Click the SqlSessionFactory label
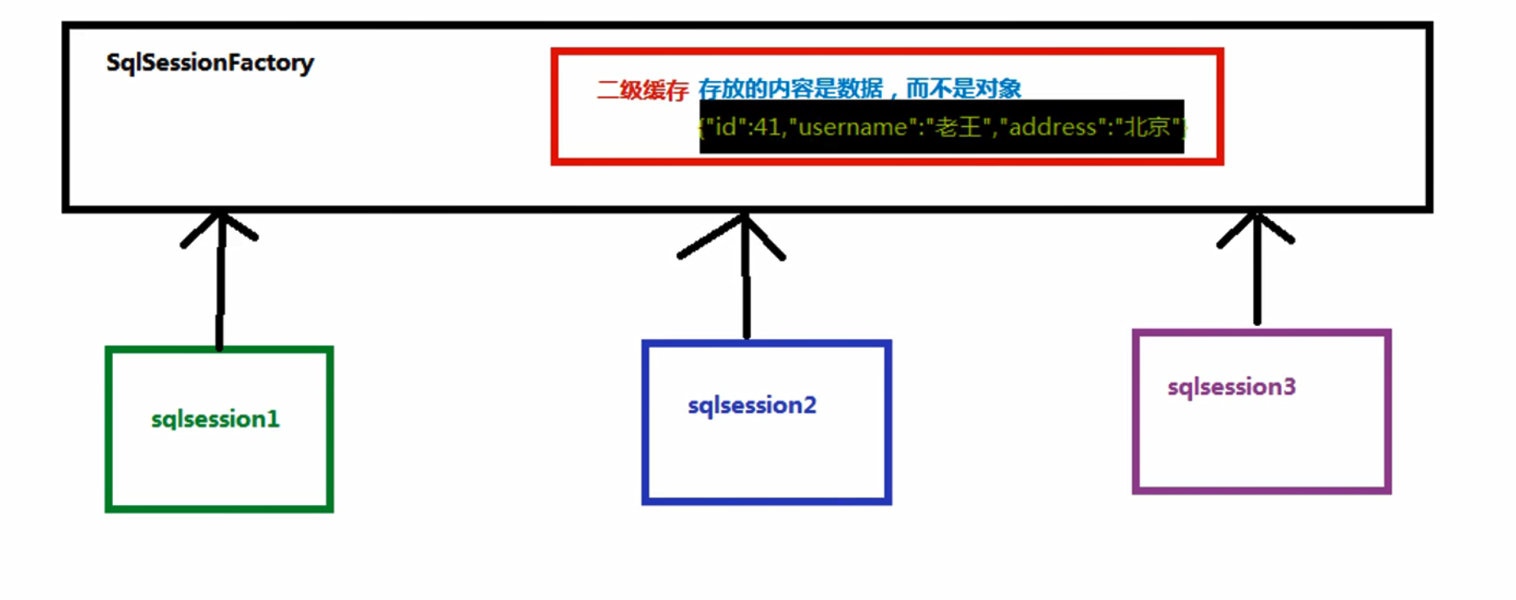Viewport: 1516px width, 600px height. (x=209, y=63)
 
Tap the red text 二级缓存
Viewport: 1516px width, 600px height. (x=642, y=89)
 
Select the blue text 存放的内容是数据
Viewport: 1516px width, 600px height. (x=790, y=88)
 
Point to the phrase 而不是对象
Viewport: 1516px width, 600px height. (x=964, y=88)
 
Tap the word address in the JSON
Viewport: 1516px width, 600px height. (x=1052, y=127)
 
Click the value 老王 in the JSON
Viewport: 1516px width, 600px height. (x=958, y=127)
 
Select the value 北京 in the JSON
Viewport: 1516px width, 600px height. (x=1147, y=127)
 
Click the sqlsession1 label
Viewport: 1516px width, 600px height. (x=215, y=419)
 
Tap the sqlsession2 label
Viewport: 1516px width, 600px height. (x=752, y=405)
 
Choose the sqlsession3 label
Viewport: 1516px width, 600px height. (x=1231, y=387)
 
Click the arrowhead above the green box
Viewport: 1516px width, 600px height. (x=220, y=225)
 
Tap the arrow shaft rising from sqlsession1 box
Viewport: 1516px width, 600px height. (x=220, y=295)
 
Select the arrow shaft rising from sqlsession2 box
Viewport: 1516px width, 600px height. (x=745, y=295)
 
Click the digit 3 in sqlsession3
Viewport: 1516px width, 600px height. (x=1289, y=387)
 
